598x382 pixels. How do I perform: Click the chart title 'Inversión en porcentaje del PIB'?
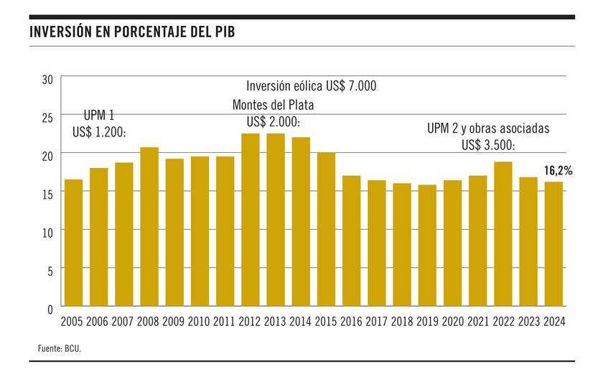tap(133, 32)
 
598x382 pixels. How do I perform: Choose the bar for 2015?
tap(326, 229)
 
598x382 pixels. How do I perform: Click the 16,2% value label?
tap(557, 171)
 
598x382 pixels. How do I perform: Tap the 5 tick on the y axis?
tap(50, 271)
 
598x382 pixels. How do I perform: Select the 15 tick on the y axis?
tap(47, 194)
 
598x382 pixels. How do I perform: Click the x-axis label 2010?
tap(200, 322)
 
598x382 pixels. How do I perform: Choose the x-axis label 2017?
tap(377, 322)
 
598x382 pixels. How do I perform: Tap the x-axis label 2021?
tap(478, 322)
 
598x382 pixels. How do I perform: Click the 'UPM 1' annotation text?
tap(99, 116)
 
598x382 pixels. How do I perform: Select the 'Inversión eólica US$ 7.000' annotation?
tap(312, 86)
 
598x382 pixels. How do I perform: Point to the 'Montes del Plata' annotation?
tap(273, 105)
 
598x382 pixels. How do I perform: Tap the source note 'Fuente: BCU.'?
tap(60, 348)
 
